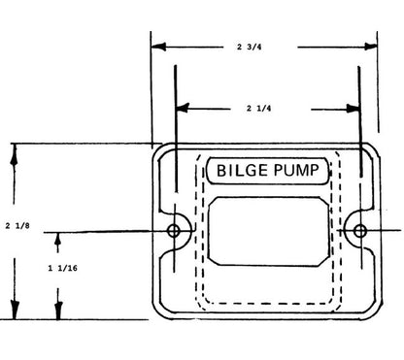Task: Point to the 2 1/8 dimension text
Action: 16,225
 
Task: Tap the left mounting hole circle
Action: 175,231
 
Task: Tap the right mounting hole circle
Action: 359,231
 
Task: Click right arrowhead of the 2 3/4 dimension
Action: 373,46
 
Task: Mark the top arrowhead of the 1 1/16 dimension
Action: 57,237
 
